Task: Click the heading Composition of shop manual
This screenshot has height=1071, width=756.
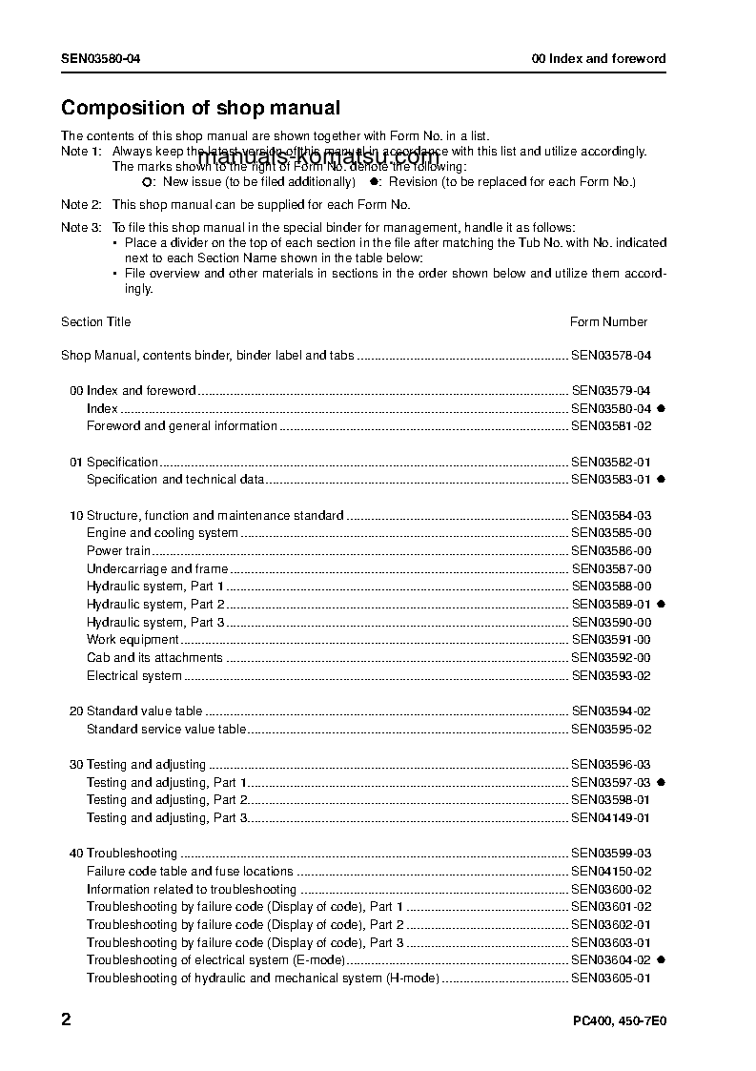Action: [x=200, y=109]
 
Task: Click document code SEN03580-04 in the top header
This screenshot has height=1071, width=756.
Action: [x=102, y=59]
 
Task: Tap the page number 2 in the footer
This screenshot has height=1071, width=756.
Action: [x=66, y=1020]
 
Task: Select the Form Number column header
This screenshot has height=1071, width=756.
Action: [x=608, y=322]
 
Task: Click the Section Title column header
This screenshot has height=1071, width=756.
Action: [x=96, y=322]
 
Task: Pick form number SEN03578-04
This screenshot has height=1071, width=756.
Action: [x=611, y=356]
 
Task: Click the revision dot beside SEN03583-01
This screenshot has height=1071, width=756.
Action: [x=661, y=480]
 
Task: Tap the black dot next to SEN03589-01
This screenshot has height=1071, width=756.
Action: [x=661, y=605]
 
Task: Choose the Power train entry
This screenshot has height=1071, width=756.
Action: [x=118, y=551]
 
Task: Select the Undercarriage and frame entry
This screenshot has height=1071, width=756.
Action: [x=157, y=569]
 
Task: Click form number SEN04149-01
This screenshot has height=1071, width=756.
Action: [x=611, y=818]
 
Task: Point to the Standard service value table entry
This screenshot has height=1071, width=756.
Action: [x=166, y=730]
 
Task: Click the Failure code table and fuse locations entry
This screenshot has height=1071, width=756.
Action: [x=190, y=872]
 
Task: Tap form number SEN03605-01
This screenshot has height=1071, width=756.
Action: [x=611, y=978]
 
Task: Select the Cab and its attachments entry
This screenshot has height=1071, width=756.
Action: [x=154, y=658]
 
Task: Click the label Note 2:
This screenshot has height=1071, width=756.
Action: [x=81, y=205]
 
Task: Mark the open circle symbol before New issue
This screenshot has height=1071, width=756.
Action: [x=146, y=181]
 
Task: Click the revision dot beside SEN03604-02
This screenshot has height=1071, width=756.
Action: [x=661, y=960]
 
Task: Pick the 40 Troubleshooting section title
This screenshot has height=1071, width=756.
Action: [x=123, y=854]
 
